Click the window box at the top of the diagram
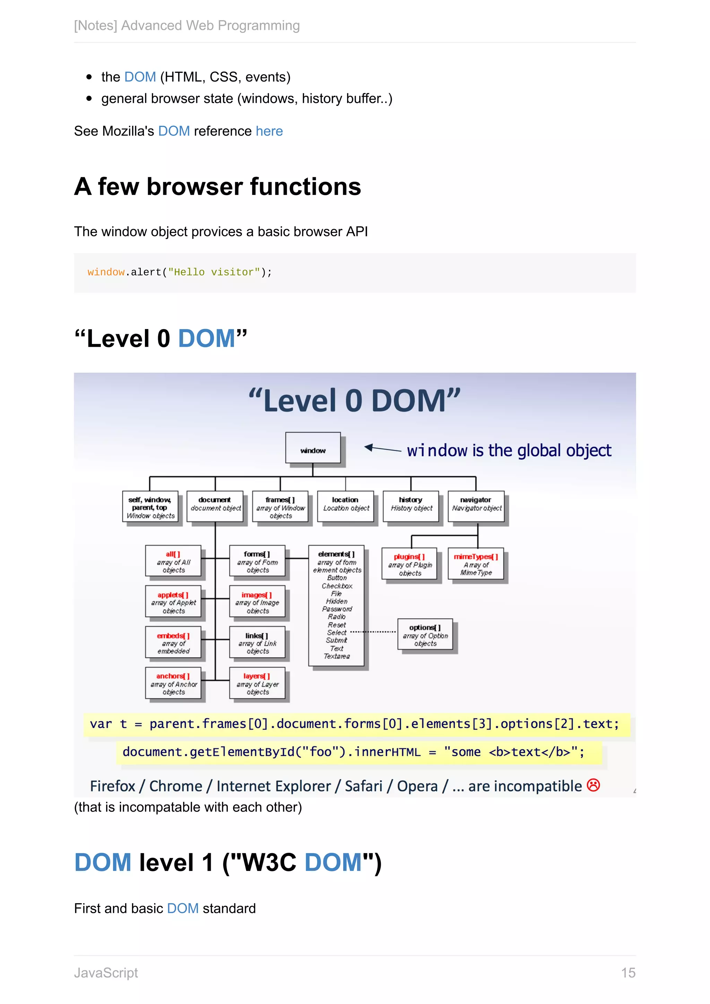click(x=313, y=448)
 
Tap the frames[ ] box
click(x=280, y=507)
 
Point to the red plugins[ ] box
click(x=410, y=564)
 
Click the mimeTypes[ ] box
click(x=476, y=564)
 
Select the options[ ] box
click(x=425, y=634)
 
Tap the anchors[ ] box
click(x=173, y=683)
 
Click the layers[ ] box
click(x=257, y=683)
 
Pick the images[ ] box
click(x=257, y=602)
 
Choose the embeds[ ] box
click(x=173, y=642)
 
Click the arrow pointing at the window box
click(x=382, y=448)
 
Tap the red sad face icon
click(x=593, y=785)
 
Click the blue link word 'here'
click(x=269, y=131)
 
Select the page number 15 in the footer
click(x=628, y=972)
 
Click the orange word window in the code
click(x=106, y=272)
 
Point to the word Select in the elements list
click(x=337, y=632)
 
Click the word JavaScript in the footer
click(x=106, y=972)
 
